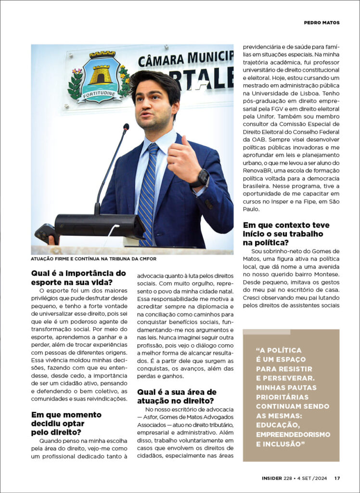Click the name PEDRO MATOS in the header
[321, 23]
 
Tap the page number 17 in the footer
[337, 478]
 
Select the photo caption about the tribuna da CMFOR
[94, 259]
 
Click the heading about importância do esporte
[78, 277]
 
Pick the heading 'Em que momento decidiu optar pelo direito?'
[66, 423]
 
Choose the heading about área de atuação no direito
[177, 396]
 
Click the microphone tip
[126, 128]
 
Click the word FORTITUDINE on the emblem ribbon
[101, 94]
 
